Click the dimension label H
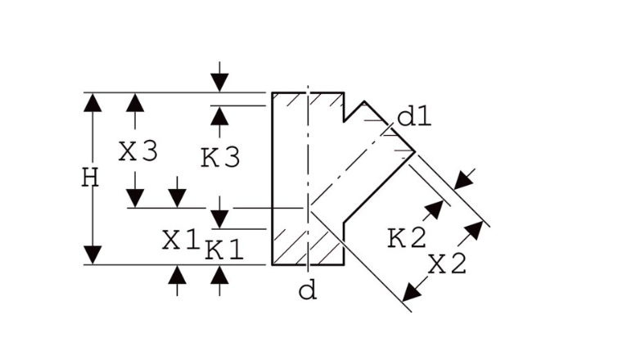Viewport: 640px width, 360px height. coord(90,178)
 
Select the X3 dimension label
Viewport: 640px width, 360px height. coord(138,151)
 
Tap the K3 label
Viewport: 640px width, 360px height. coord(220,158)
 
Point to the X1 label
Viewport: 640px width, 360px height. coord(181,240)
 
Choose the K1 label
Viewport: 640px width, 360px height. coord(224,250)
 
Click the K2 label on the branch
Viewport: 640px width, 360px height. coord(407,238)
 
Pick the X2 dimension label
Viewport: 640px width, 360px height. coord(447,263)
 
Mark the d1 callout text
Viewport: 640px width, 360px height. coord(414,117)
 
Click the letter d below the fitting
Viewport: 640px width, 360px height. coord(308,291)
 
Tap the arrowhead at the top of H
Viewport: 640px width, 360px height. coord(92,102)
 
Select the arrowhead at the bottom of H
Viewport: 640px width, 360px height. coord(92,255)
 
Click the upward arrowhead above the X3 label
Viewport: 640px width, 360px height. coord(135,102)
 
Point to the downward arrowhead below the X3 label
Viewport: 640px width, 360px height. coord(135,199)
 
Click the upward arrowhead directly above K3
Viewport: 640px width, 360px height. coord(219,116)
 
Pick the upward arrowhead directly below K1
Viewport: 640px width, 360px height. coord(219,275)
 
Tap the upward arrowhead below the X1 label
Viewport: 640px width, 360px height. coord(177,275)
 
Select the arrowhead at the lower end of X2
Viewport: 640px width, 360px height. coord(412,292)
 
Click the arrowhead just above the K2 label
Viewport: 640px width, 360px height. coord(434,209)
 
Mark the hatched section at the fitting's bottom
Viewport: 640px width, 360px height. coord(308,247)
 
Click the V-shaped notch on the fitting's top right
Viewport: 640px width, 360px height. coord(354,111)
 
